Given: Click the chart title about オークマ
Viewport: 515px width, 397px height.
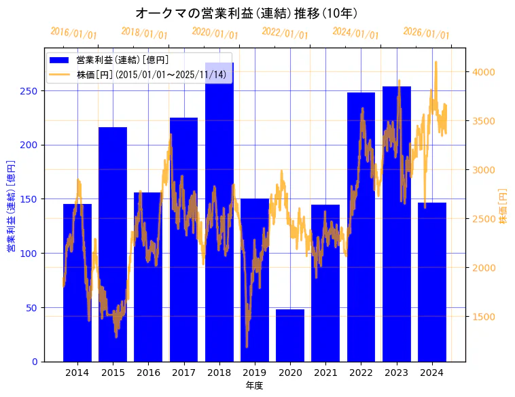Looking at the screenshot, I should click(247, 13).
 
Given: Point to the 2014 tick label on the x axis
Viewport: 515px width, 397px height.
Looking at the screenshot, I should click(77, 373).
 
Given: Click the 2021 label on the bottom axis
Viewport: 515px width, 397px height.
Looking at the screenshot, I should click(325, 373).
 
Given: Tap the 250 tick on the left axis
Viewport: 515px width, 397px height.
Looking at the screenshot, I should click(33, 91).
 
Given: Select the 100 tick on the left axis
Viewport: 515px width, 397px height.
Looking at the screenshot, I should click(33, 254).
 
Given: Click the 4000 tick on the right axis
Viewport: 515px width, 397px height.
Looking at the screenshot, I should click(484, 72).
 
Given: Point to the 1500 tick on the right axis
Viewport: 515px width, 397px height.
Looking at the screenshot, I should click(484, 317).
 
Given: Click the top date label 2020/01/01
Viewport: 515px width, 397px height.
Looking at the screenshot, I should click(215, 33).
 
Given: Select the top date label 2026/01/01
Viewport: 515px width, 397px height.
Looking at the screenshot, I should click(426, 33).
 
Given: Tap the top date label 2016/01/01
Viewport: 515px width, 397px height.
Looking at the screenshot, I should click(73, 33).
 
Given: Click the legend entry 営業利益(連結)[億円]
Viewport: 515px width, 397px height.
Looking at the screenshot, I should click(122, 61).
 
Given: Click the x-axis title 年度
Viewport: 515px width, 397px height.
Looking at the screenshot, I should click(254, 385).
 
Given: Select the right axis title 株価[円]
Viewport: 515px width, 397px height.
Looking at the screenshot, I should click(503, 207).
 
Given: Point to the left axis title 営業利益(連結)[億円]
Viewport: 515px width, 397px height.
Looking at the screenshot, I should click(11, 207).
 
